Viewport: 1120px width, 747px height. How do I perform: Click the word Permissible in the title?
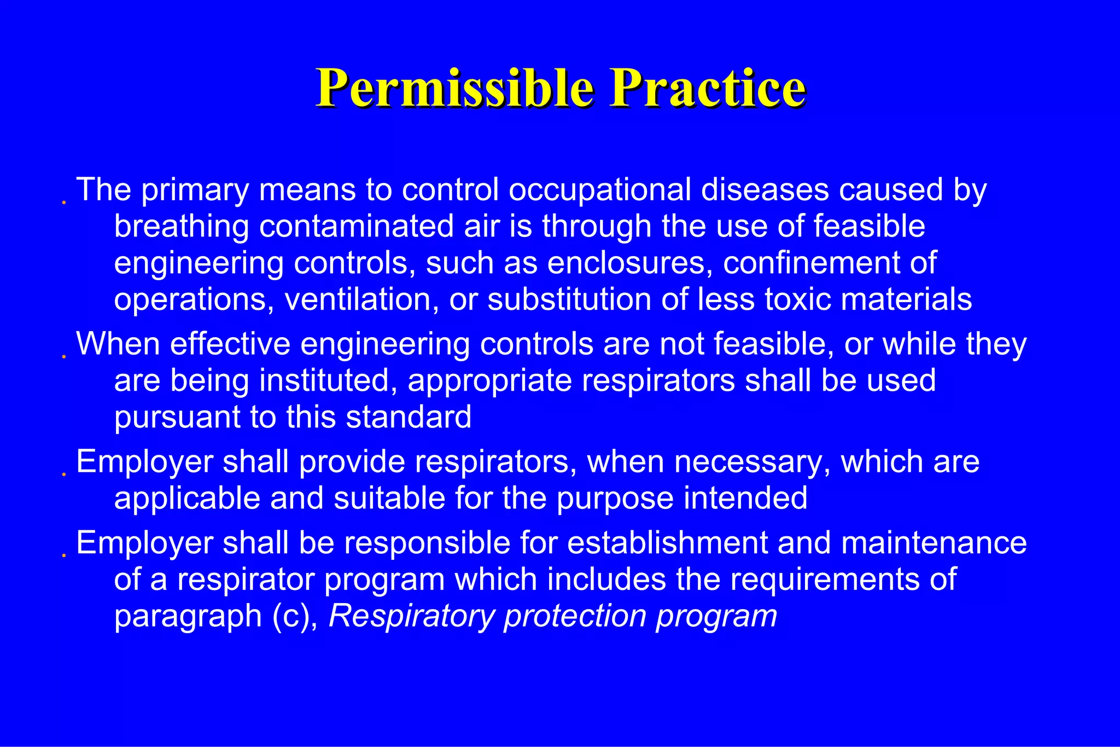coord(454,88)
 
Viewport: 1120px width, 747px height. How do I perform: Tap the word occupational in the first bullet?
coord(599,190)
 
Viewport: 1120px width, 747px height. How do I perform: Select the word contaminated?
coord(356,227)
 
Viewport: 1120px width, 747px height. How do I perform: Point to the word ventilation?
coord(361,300)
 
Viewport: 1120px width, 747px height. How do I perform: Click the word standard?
coord(409,418)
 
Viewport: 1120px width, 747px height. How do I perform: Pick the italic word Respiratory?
coord(411,616)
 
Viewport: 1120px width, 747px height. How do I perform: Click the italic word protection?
coord(575,616)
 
